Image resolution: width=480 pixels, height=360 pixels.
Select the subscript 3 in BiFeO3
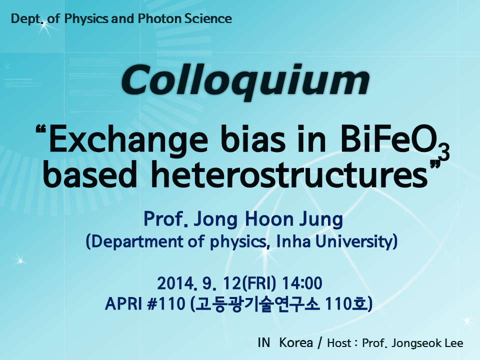tap(444, 152)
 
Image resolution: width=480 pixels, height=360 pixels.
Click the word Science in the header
tap(208, 18)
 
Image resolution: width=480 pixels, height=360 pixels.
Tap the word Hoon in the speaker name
tap(269, 219)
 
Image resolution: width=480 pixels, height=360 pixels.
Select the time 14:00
tap(302, 283)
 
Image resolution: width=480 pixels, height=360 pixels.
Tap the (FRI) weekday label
tap(259, 283)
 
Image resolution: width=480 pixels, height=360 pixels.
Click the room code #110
tap(166, 304)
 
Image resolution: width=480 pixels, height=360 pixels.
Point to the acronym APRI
tap(123, 304)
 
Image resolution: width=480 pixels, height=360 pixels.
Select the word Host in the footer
tap(339, 343)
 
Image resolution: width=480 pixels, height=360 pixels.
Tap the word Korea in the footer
tap(296, 343)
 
